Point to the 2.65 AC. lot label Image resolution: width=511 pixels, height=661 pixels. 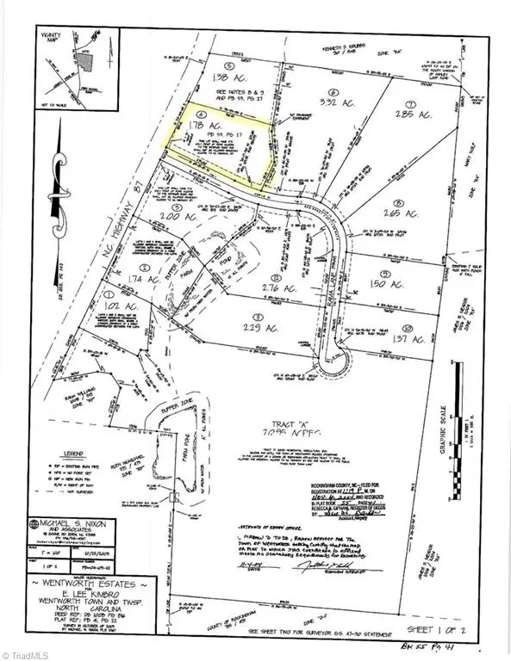(x=402, y=212)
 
